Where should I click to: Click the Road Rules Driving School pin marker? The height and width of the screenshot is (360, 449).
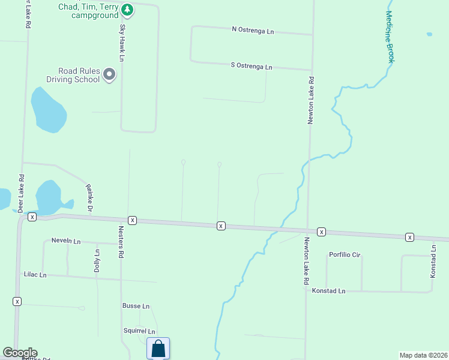point(109,74)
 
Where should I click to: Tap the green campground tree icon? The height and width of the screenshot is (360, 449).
point(127,10)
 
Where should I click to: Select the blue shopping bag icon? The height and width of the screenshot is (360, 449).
point(158,349)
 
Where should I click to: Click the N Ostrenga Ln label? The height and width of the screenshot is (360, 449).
point(253,29)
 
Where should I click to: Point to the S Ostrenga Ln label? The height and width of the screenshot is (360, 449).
point(252,66)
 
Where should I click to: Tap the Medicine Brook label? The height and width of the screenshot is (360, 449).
point(390,37)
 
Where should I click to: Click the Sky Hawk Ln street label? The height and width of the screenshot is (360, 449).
point(122,42)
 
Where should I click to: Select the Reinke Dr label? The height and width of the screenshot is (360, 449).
point(89,198)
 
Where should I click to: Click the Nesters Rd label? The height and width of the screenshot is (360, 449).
point(121,246)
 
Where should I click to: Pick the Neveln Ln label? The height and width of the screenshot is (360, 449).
point(66,241)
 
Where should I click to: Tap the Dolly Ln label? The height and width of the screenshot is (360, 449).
point(97,262)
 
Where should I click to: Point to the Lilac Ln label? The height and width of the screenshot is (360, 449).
point(35,274)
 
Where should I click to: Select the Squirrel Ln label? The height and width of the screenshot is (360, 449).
point(139,331)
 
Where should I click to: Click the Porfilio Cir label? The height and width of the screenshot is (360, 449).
point(345,255)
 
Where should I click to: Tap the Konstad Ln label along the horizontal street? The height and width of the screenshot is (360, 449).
point(329,291)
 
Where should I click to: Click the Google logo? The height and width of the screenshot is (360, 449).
point(20,353)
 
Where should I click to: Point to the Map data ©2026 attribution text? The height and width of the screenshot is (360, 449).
point(423,355)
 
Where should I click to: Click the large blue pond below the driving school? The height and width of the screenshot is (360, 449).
point(47,110)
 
